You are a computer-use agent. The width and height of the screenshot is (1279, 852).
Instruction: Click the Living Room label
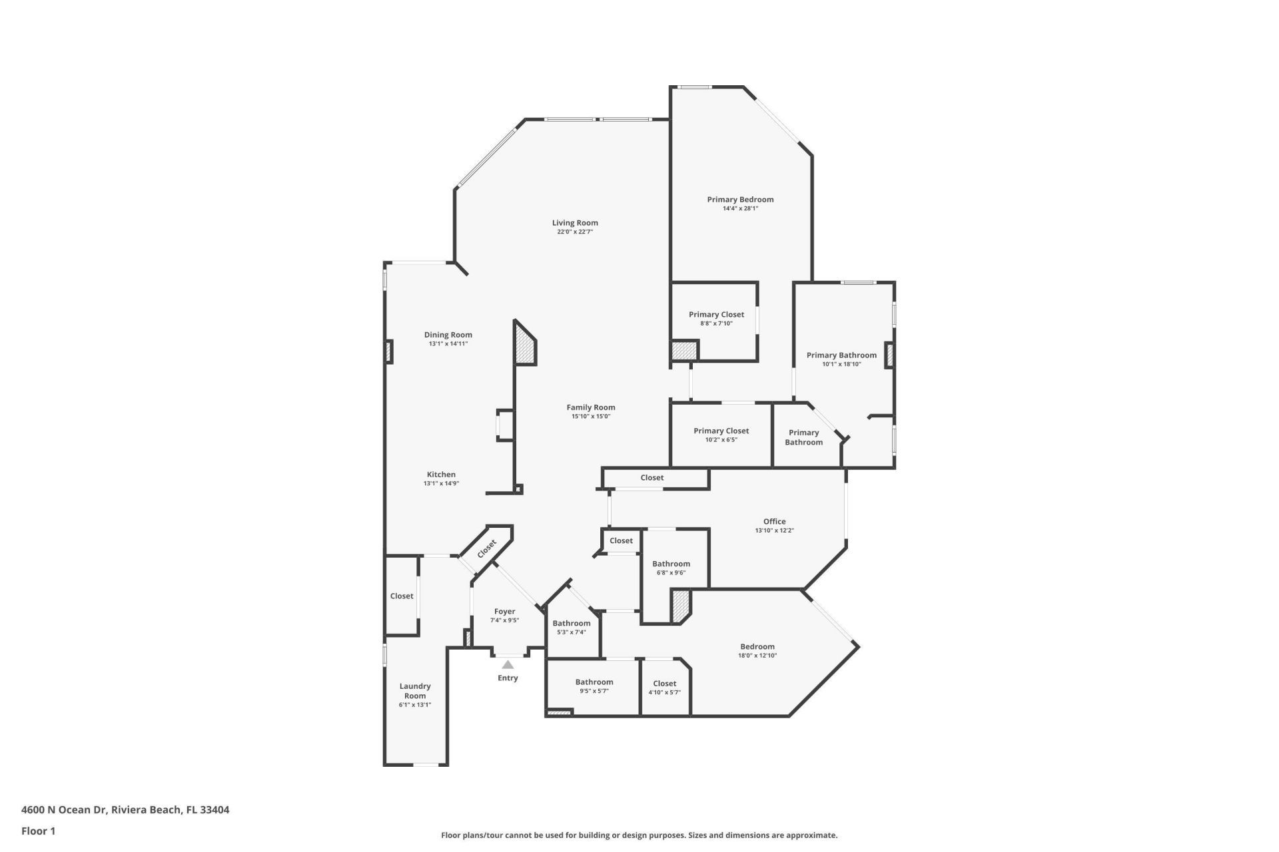click(575, 223)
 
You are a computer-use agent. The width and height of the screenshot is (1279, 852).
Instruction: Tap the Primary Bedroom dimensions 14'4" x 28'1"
click(740, 208)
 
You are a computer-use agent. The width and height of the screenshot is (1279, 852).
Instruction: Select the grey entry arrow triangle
click(508, 664)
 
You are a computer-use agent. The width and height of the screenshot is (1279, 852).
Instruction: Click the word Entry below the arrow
click(508, 678)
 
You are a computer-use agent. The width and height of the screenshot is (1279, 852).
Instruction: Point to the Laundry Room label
click(415, 691)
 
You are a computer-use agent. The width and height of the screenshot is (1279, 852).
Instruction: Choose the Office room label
click(774, 521)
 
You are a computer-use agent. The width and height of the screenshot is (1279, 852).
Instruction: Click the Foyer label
click(504, 611)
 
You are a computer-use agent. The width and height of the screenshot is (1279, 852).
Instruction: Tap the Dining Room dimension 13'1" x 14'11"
click(448, 344)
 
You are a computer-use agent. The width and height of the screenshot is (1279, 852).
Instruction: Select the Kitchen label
click(441, 475)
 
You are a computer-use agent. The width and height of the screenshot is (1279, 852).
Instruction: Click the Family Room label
click(591, 407)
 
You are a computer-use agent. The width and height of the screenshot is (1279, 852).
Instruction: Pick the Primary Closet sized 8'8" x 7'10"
click(716, 314)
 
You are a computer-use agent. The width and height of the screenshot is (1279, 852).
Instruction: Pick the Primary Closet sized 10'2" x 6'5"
click(721, 431)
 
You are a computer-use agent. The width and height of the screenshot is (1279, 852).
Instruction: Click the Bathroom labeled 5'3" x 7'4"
click(571, 623)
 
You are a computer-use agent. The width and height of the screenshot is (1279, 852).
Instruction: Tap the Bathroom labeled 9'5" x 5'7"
click(594, 682)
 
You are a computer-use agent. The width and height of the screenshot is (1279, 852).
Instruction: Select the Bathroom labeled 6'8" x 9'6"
click(671, 564)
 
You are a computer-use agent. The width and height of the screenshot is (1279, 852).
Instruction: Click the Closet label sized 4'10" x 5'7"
click(664, 684)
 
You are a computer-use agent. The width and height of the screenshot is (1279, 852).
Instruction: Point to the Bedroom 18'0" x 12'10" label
click(757, 646)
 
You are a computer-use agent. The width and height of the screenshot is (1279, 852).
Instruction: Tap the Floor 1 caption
click(39, 831)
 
